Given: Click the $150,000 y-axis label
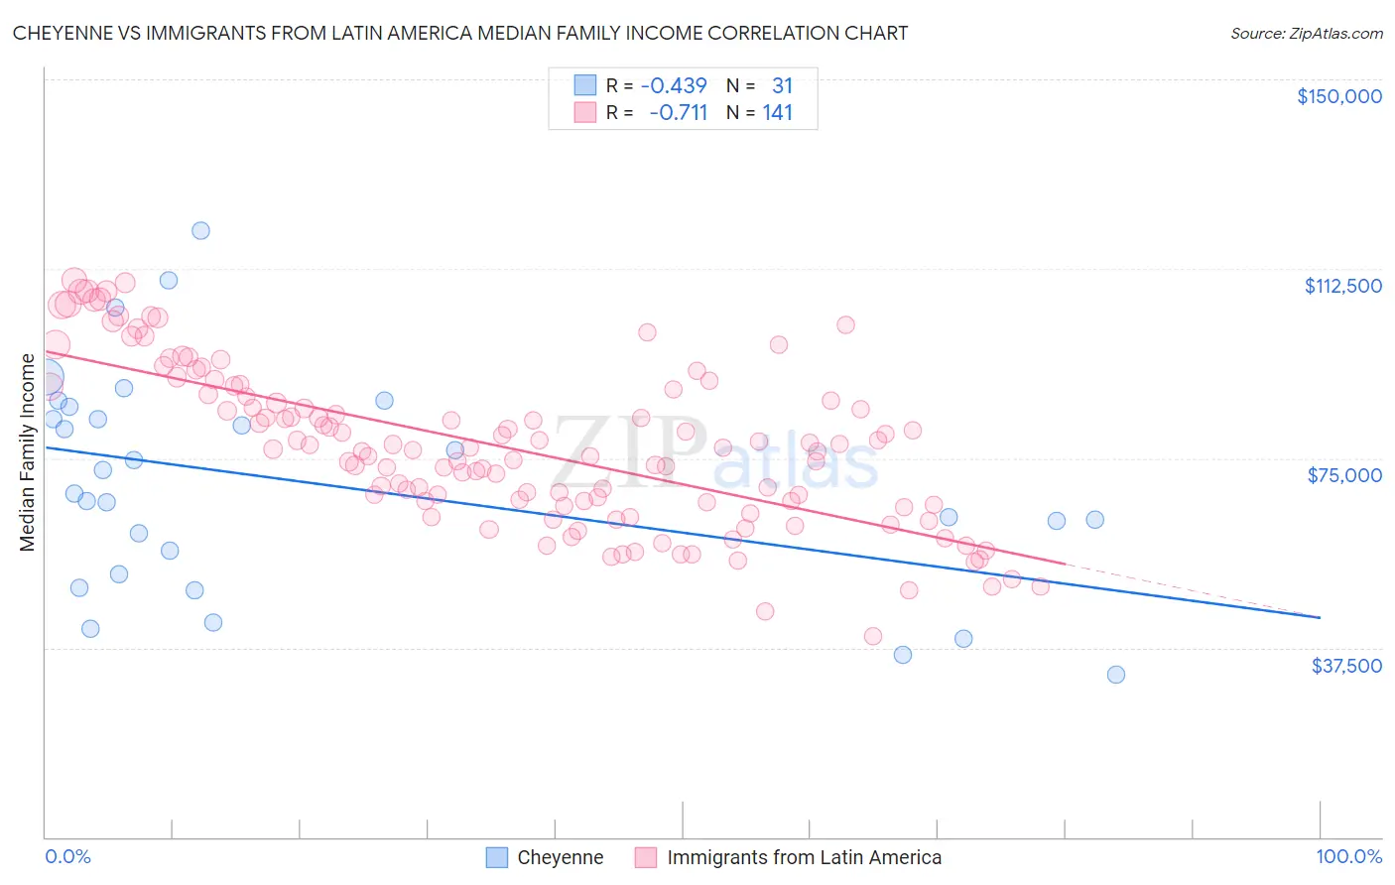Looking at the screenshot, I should pyautogui.click(x=1338, y=96).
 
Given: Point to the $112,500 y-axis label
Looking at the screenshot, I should pyautogui.click(x=1342, y=286).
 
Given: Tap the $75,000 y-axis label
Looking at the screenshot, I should pyautogui.click(x=1344, y=475).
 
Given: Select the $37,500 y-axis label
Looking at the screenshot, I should pyautogui.click(x=1346, y=666).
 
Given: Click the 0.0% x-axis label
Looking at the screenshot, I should pyautogui.click(x=67, y=856).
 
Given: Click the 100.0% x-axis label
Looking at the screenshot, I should pyautogui.click(x=1348, y=856).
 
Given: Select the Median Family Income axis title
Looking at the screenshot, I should pyautogui.click(x=27, y=452).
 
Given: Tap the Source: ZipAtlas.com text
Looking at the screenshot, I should pyautogui.click(x=1306, y=33).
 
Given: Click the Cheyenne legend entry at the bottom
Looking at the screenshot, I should pyautogui.click(x=560, y=857).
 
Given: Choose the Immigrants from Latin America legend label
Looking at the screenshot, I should pyautogui.click(x=804, y=857).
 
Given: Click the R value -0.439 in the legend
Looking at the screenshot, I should pyautogui.click(x=674, y=85).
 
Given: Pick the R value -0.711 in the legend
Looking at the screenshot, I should pyautogui.click(x=678, y=112).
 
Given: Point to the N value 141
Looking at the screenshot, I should pyautogui.click(x=778, y=112).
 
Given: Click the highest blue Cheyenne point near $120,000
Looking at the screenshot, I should pyautogui.click(x=200, y=230).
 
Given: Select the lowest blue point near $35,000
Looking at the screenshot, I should pyautogui.click(x=1115, y=675).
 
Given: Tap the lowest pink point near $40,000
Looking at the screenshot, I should pyautogui.click(x=873, y=636).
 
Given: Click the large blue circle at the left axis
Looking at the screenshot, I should pyautogui.click(x=46, y=378).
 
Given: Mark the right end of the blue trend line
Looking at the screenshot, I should pyautogui.click(x=1319, y=617).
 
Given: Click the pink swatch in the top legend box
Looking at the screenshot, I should pyautogui.click(x=585, y=112).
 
